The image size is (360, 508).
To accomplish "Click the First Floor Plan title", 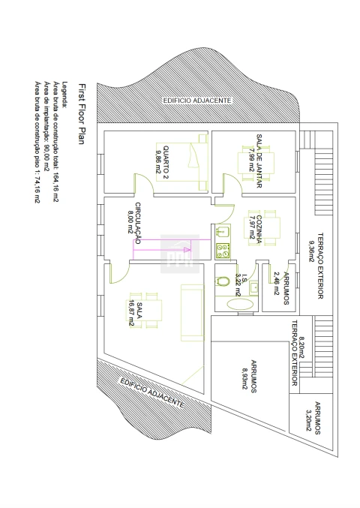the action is [x=82, y=114].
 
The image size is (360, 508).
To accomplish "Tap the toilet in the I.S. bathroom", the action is [x=223, y=281].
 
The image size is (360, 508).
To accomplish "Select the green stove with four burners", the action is [x=223, y=251].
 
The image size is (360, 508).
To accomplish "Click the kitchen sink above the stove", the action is [x=223, y=232].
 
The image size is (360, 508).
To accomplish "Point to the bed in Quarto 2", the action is [x=181, y=162].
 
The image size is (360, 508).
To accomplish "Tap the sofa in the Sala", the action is [x=192, y=313].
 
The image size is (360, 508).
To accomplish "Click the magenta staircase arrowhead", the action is [x=187, y=250].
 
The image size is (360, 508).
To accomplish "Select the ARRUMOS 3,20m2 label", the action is [x=313, y=418].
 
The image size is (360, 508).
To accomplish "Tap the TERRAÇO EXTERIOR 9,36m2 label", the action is [x=316, y=266].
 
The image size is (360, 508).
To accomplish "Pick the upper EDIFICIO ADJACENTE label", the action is [x=197, y=101].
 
